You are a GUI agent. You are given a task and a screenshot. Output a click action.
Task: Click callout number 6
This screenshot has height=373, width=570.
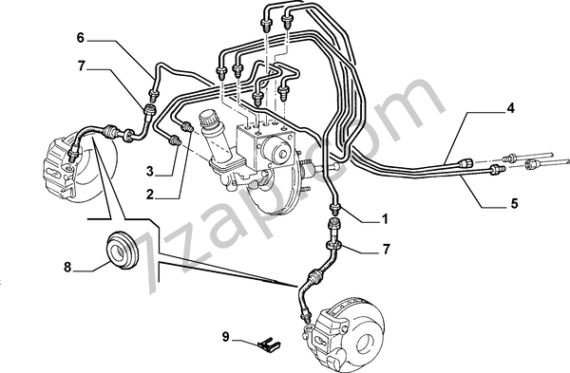(81, 38)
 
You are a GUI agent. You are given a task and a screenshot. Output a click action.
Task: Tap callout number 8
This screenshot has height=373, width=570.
(68, 268)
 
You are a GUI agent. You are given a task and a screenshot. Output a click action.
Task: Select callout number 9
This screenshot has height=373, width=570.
(226, 337)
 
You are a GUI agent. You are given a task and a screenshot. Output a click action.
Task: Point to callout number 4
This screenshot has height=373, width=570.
(511, 108)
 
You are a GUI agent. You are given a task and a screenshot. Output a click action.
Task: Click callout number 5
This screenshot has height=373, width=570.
(514, 204)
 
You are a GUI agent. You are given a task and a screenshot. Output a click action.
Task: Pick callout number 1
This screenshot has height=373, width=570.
(385, 219)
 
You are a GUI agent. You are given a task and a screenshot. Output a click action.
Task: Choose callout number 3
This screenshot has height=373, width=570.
(150, 171)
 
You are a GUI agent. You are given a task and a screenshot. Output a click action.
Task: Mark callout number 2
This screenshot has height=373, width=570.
(150, 195)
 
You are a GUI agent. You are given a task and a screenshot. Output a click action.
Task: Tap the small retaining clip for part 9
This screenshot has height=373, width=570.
(269, 345)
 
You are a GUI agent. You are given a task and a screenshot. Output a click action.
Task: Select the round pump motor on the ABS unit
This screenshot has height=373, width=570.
(277, 151)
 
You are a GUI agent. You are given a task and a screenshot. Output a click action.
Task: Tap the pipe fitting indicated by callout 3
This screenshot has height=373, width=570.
(175, 140)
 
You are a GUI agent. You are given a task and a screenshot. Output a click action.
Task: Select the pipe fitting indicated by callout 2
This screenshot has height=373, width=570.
(187, 126)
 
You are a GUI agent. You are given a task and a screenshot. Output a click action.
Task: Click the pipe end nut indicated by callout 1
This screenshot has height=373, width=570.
(334, 209)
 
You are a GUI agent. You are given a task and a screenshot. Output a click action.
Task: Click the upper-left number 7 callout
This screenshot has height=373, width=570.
(81, 66)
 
